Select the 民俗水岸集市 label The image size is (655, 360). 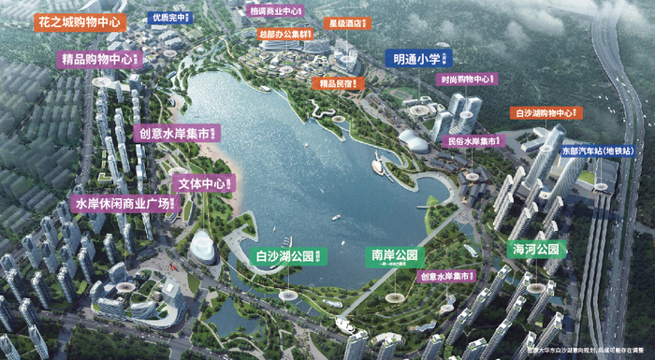tap(474, 142)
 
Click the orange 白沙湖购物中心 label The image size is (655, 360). tap(546, 113)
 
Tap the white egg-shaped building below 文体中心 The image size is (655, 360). tap(203, 248)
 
